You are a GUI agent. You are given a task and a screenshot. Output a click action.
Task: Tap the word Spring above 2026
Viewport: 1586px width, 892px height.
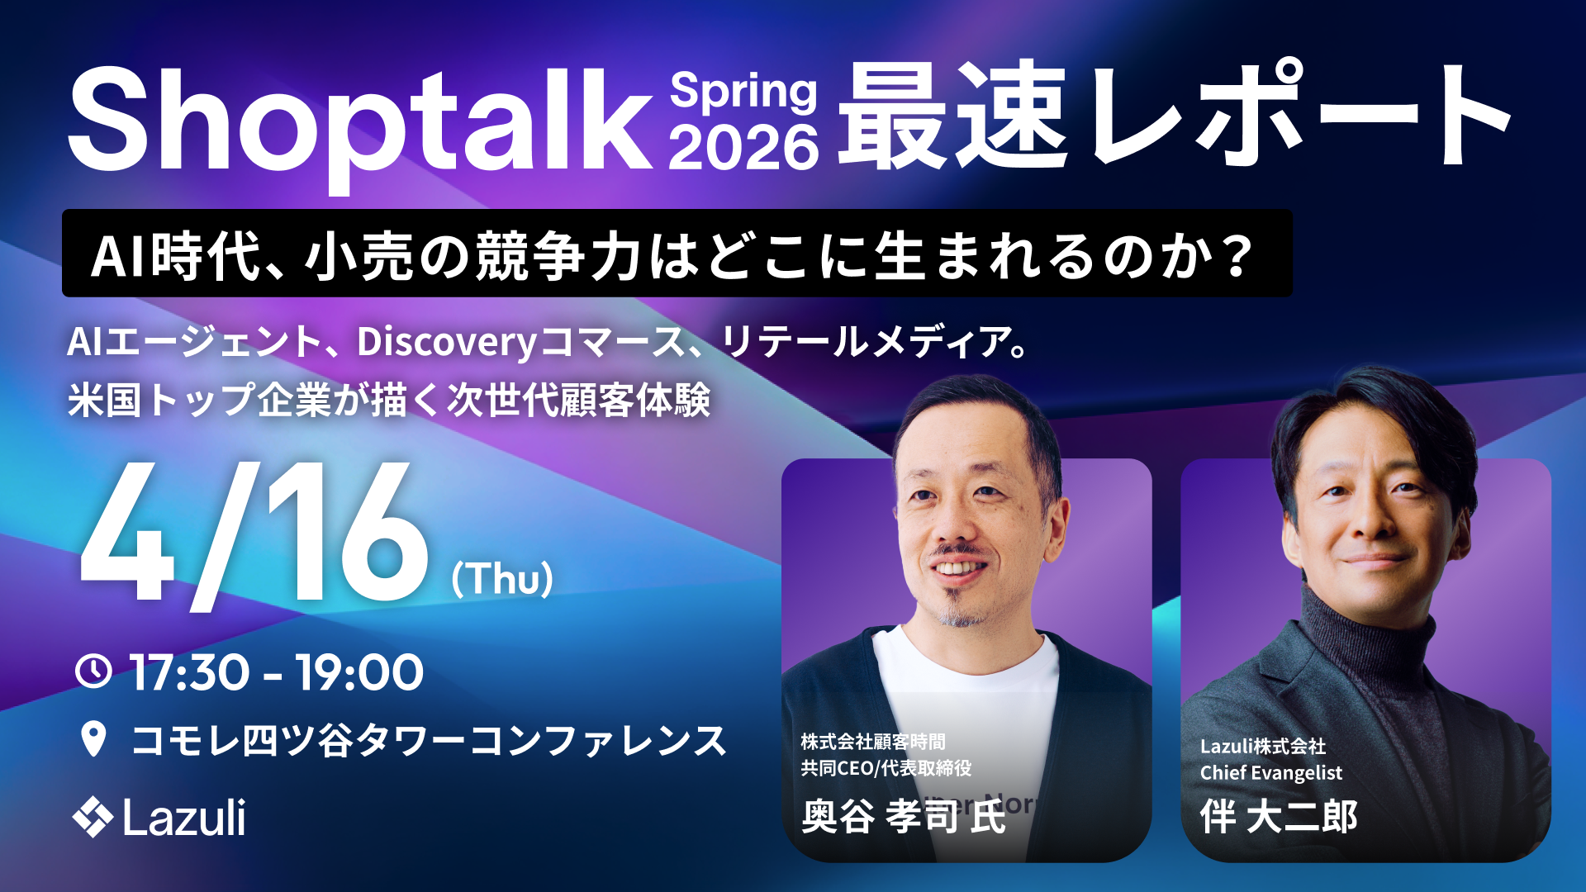coord(743,93)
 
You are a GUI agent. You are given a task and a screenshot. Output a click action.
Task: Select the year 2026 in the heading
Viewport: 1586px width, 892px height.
coord(743,148)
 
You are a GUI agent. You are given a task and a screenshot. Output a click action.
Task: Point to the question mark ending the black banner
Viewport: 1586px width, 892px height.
coord(1237,256)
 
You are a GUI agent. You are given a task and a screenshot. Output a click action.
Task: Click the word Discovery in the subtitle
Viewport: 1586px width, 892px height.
coord(447,343)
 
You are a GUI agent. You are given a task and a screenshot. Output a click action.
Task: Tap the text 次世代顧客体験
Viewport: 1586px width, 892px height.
coord(579,401)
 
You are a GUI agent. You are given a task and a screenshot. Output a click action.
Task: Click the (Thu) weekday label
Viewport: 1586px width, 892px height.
coord(502,578)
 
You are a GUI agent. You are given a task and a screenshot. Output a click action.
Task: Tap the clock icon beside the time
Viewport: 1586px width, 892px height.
coord(93,671)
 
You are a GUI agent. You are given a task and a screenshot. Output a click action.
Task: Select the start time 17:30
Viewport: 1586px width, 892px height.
coord(189,672)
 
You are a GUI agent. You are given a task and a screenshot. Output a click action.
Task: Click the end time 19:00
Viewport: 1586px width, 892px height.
coord(360,672)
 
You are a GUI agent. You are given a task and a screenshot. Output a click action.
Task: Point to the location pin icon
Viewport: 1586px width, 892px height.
coord(94,738)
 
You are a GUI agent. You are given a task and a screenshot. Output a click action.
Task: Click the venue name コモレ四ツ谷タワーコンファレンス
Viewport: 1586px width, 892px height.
coord(429,740)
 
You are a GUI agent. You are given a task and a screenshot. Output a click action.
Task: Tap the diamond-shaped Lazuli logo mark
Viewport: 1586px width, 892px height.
coord(93,818)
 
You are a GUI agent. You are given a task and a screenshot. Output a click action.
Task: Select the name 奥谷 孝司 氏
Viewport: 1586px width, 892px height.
coord(904,816)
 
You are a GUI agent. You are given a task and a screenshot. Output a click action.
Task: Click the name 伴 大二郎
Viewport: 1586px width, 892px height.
coord(1279,816)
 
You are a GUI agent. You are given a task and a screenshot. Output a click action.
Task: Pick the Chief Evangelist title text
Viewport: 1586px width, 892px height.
coord(1270,773)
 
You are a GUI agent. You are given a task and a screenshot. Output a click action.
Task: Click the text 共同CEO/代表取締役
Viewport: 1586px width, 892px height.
coord(886,768)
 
